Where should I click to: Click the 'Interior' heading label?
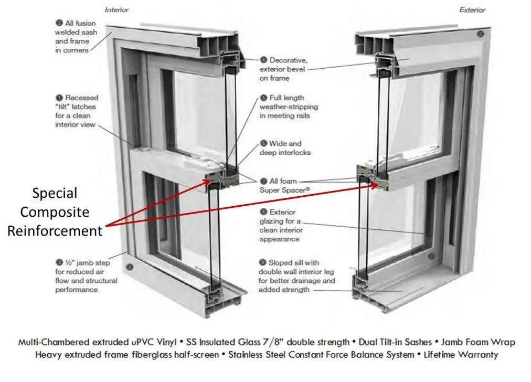point(117,10)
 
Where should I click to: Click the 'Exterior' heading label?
point(472,10)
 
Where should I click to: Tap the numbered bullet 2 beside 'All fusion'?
point(59,23)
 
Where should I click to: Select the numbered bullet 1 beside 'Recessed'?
point(59,98)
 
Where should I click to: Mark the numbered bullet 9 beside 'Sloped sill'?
point(262,262)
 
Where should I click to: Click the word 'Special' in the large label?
point(55,193)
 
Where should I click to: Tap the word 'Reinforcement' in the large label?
point(55,231)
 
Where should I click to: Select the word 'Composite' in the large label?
point(55,212)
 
